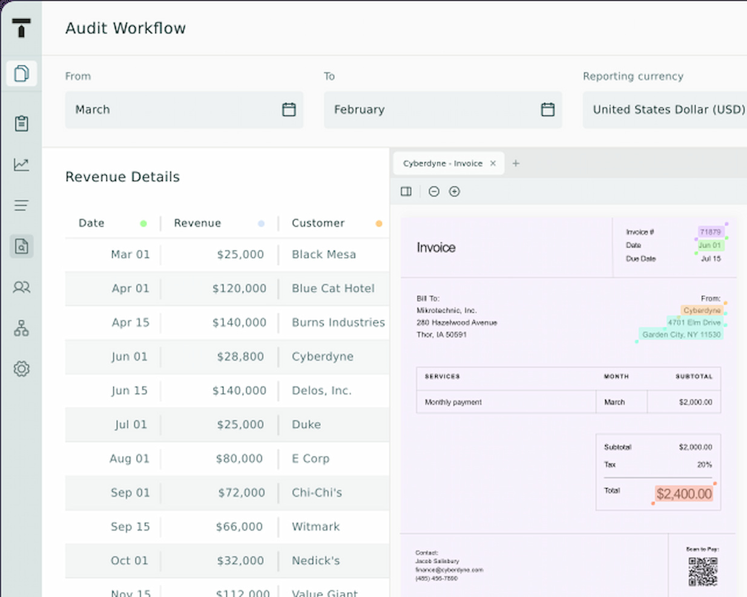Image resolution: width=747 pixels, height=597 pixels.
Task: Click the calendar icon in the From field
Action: tap(289, 109)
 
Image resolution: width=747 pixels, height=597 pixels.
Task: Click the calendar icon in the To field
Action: tap(547, 109)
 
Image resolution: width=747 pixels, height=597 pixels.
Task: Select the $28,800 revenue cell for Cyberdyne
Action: tap(240, 357)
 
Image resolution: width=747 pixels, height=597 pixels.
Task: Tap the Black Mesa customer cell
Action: tap(323, 255)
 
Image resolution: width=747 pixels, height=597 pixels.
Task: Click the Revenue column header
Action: tap(197, 223)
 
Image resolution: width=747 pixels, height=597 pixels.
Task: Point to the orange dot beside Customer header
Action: tap(379, 224)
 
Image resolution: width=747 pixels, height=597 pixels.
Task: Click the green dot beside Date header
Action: tap(143, 224)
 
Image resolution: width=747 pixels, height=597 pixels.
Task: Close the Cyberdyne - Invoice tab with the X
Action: tap(493, 163)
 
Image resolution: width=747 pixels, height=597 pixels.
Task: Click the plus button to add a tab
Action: tap(516, 163)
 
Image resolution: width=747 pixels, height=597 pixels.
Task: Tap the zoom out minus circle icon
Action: tap(434, 192)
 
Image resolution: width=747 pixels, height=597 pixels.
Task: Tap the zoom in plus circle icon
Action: tap(455, 192)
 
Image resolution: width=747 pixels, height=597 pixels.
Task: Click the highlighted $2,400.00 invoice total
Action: tap(684, 494)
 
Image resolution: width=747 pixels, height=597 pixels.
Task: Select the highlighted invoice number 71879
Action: tap(710, 232)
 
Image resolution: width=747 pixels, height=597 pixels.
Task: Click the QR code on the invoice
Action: tap(702, 572)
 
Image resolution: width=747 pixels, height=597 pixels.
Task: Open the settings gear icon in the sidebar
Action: tap(22, 368)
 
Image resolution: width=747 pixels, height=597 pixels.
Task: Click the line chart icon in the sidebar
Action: tap(22, 165)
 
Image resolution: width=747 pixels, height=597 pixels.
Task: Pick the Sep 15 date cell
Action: tap(130, 527)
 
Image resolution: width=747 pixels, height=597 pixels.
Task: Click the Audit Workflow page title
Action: tap(125, 28)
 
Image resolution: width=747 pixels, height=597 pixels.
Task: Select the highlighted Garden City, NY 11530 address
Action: tap(681, 334)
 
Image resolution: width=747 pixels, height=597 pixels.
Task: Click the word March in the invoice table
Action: tap(614, 402)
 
